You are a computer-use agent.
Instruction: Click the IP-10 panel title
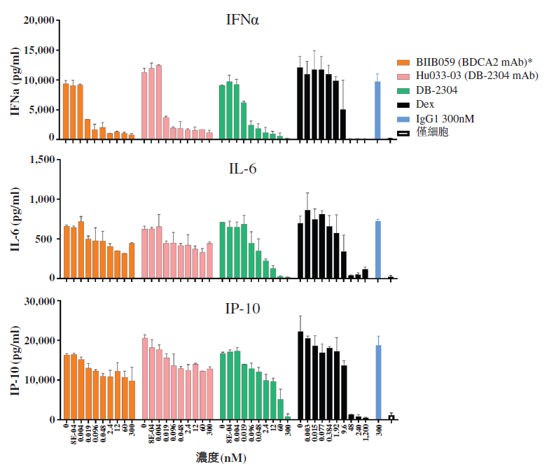click(242, 309)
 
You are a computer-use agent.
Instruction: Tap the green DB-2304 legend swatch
click(404, 90)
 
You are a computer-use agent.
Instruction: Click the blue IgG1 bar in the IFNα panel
click(377, 111)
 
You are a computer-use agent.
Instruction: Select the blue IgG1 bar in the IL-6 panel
click(377, 250)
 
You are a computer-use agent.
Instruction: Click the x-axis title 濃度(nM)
click(221, 458)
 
